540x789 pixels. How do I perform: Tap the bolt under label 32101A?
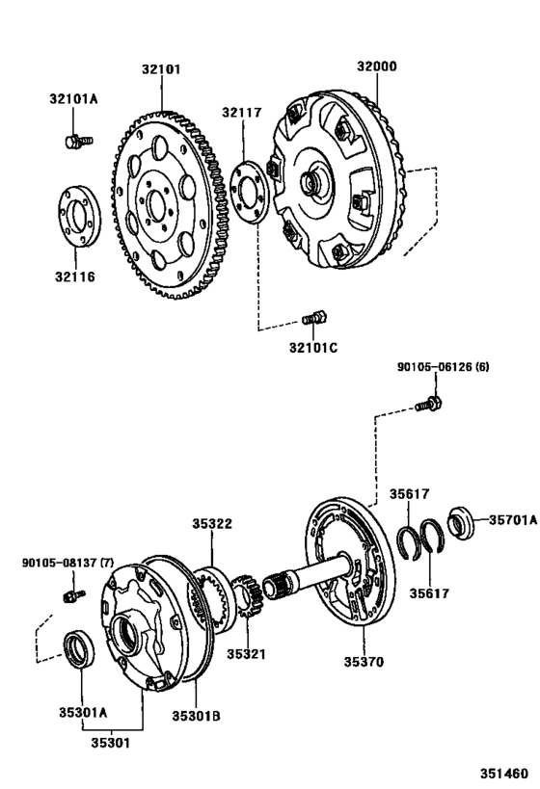(x=75, y=142)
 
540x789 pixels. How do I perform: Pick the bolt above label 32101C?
(x=315, y=316)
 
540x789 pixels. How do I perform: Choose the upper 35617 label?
(x=410, y=493)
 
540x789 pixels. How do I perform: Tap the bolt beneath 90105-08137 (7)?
(x=70, y=596)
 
